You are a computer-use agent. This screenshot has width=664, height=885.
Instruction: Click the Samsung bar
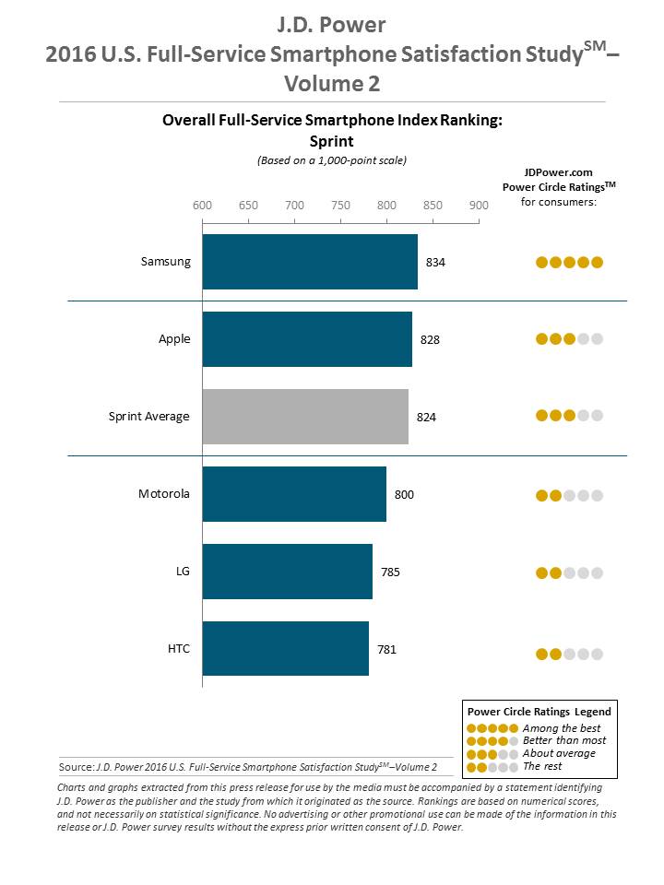310,262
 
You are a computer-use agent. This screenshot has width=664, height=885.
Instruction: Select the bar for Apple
307,339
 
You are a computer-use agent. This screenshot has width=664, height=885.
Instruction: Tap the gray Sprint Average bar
305,417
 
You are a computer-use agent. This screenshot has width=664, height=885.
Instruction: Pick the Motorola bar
294,494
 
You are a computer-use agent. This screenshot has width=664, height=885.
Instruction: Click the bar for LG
287,572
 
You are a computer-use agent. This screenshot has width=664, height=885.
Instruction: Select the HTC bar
285,649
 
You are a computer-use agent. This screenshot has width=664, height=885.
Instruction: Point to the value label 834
435,263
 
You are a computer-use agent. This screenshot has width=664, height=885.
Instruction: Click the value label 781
387,650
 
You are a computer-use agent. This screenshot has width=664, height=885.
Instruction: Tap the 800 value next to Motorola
404,495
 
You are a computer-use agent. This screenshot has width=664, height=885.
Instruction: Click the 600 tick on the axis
202,205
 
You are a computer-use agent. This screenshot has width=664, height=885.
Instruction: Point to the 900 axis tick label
479,205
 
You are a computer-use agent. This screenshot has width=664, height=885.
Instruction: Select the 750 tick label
340,205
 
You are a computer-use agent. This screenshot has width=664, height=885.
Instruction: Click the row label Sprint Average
148,417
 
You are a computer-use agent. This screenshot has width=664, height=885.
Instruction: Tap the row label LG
182,572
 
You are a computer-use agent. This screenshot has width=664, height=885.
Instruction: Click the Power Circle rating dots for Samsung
569,263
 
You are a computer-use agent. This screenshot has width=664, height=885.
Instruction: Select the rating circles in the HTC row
569,655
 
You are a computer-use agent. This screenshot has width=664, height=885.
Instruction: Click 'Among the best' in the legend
559,728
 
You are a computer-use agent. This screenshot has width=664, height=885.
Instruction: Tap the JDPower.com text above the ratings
557,171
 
